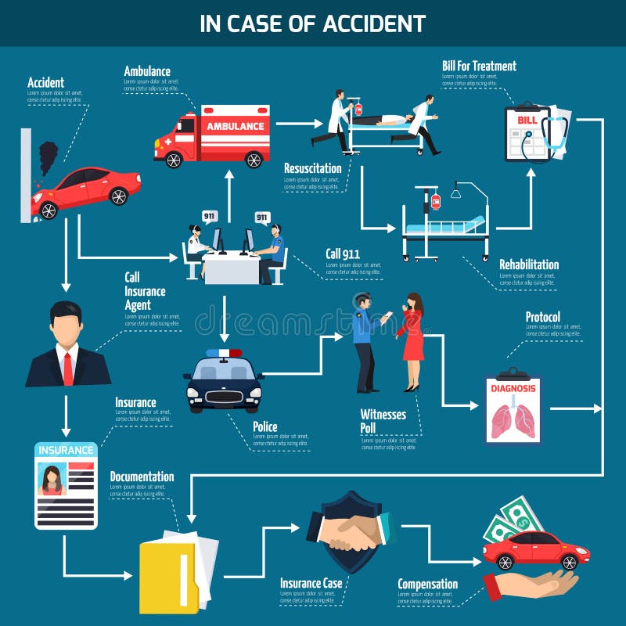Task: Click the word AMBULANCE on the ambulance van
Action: click(235, 126)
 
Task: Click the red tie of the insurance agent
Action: click(67, 368)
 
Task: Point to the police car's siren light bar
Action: click(224, 353)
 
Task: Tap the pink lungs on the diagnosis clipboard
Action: click(513, 419)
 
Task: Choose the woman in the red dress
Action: click(412, 340)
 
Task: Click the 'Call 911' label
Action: click(342, 253)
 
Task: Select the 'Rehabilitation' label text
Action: click(529, 264)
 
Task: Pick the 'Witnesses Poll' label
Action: click(383, 421)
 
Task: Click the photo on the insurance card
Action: click(52, 479)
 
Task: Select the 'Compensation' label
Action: click(427, 584)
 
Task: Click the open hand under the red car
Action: click(532, 584)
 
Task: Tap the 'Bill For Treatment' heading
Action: click(479, 66)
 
